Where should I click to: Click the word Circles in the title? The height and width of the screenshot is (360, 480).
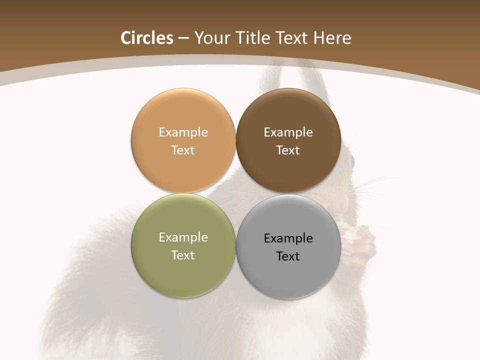click(x=147, y=38)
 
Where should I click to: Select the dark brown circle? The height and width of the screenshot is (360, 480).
click(x=288, y=170)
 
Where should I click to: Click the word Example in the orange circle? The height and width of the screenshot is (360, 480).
click(x=183, y=132)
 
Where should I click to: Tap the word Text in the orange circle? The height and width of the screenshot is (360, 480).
click(x=183, y=150)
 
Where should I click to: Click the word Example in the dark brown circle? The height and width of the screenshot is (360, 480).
click(x=288, y=132)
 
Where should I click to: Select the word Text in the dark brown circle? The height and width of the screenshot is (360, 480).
click(x=288, y=150)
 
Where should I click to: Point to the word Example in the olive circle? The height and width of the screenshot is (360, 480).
click(x=183, y=237)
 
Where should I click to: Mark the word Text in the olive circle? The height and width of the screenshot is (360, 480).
click(x=183, y=255)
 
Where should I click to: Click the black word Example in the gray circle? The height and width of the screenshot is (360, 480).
click(x=288, y=238)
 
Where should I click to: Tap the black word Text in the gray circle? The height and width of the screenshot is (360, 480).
click(x=288, y=256)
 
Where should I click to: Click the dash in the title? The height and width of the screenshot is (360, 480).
click(x=183, y=38)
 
